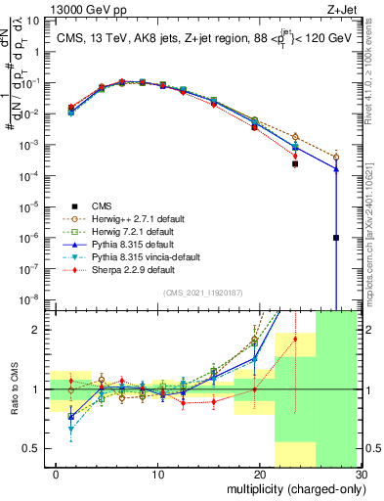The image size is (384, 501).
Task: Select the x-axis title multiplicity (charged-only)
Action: (294, 488)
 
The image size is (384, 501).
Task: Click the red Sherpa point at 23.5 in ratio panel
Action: (295, 340)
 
